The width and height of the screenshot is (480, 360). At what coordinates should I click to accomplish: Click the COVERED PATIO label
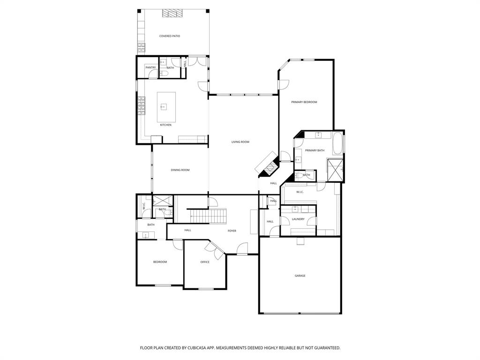point(169,36)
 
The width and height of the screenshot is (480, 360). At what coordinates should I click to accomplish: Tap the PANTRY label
point(150,67)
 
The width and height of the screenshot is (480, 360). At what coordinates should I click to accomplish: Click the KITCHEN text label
point(165,125)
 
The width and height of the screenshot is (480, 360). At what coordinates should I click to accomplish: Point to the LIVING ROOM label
point(240,142)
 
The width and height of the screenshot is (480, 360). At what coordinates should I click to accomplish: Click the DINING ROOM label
point(180,170)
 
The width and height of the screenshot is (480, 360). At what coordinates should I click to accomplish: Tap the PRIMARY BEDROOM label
point(304,102)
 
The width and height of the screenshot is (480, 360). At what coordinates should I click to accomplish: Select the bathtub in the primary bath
point(338,144)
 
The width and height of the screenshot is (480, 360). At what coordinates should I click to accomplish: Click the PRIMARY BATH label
point(315,150)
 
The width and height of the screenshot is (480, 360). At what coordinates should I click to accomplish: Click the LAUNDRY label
point(298,219)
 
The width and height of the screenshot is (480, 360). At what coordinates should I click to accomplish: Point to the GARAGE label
point(300,276)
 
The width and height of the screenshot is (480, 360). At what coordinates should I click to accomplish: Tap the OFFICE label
point(205,262)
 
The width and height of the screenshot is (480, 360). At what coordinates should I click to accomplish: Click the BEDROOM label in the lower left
point(160,262)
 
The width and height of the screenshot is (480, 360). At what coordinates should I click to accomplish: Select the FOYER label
point(232,231)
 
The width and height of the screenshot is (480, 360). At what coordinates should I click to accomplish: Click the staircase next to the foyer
point(209,216)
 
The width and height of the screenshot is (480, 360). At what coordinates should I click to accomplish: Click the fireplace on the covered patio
point(172,13)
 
